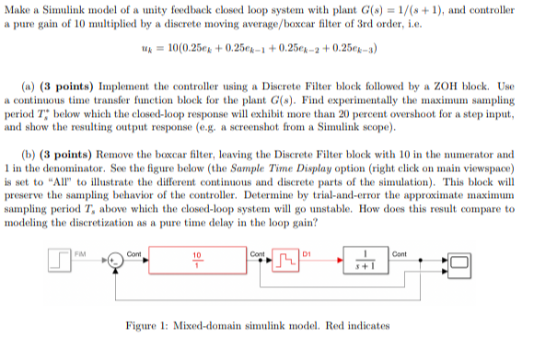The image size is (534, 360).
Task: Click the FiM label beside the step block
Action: [81, 249]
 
